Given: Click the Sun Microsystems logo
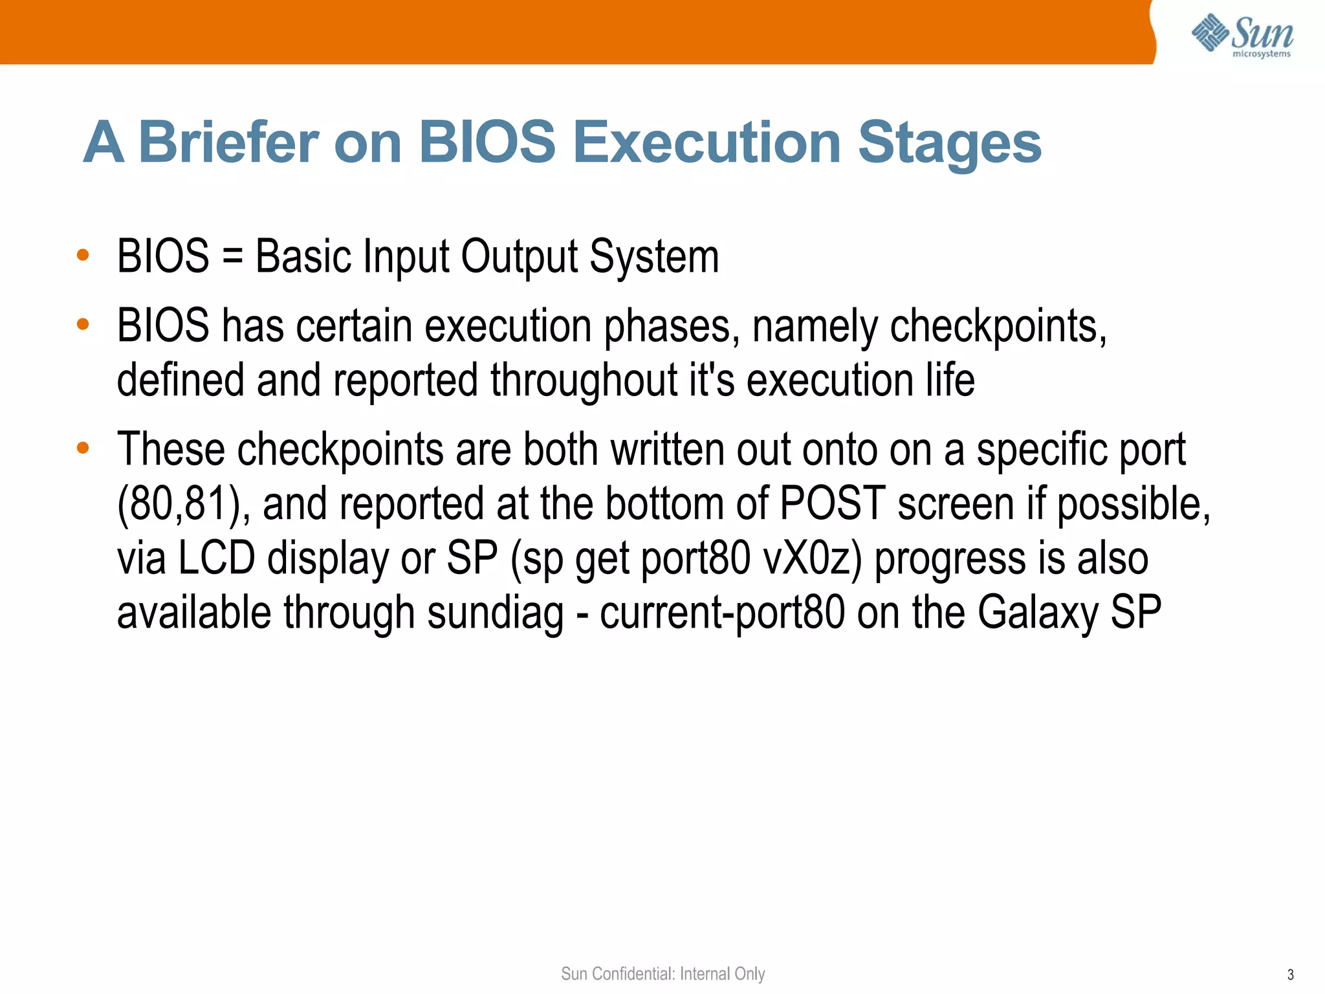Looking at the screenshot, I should [1242, 35].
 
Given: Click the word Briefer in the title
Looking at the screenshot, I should [229, 142].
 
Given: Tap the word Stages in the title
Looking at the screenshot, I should [949, 144].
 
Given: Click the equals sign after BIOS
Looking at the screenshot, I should [232, 257].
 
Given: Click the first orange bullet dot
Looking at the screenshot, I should [82, 255].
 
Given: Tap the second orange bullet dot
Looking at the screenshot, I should [82, 324].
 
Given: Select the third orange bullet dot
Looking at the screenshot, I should [82, 448].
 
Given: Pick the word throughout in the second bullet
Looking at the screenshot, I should [583, 381].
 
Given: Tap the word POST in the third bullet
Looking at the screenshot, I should [832, 503].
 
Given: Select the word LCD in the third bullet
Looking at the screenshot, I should [216, 558].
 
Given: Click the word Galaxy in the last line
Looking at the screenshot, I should [1037, 613].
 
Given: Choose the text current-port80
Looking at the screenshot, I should [722, 613].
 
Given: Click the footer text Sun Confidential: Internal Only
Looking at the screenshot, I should [662, 974].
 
